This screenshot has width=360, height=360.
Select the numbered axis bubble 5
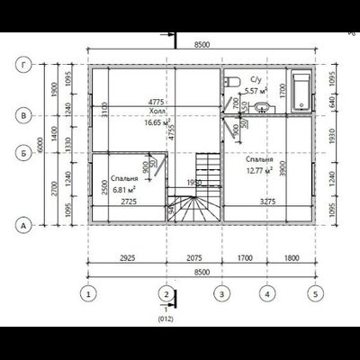click(x=314, y=292)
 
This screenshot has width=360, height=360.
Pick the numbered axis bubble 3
click(x=219, y=292)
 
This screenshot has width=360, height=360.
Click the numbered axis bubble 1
click(x=88, y=292)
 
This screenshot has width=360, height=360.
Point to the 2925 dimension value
click(x=126, y=257)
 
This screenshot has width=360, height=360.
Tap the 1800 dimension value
click(x=290, y=257)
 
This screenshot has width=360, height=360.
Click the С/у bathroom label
click(x=256, y=80)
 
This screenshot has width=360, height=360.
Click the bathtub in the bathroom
click(x=298, y=90)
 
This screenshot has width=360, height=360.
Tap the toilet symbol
click(x=229, y=83)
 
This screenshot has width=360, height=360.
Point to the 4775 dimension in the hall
click(x=131, y=103)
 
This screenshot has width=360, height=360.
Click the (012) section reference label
click(x=165, y=318)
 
